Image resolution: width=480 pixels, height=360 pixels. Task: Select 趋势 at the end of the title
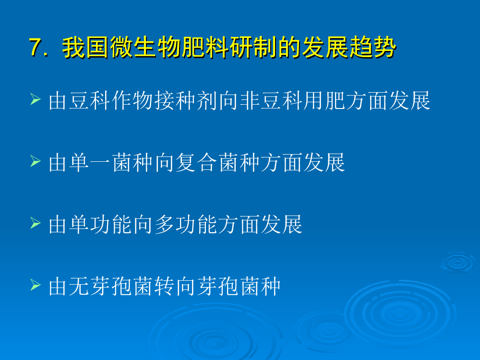click(373, 48)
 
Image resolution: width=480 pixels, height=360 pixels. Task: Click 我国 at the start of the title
click(86, 48)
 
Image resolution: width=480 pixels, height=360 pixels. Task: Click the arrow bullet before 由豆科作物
click(36, 99)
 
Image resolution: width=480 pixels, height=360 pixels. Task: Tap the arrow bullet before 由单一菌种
click(36, 161)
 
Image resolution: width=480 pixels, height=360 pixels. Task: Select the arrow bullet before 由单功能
click(36, 223)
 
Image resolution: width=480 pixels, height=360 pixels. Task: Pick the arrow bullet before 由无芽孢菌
click(36, 285)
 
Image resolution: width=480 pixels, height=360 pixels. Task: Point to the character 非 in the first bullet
click(250, 100)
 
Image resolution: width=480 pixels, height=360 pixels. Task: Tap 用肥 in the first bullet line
click(324, 100)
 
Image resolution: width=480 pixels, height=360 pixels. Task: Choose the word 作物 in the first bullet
click(132, 100)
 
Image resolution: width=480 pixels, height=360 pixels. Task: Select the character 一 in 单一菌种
click(101, 162)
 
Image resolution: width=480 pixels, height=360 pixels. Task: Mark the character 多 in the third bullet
click(165, 224)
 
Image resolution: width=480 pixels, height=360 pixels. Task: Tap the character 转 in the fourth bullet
click(165, 286)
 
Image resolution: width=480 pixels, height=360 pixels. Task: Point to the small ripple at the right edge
click(458, 263)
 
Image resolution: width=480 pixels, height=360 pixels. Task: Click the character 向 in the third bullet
click(143, 224)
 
